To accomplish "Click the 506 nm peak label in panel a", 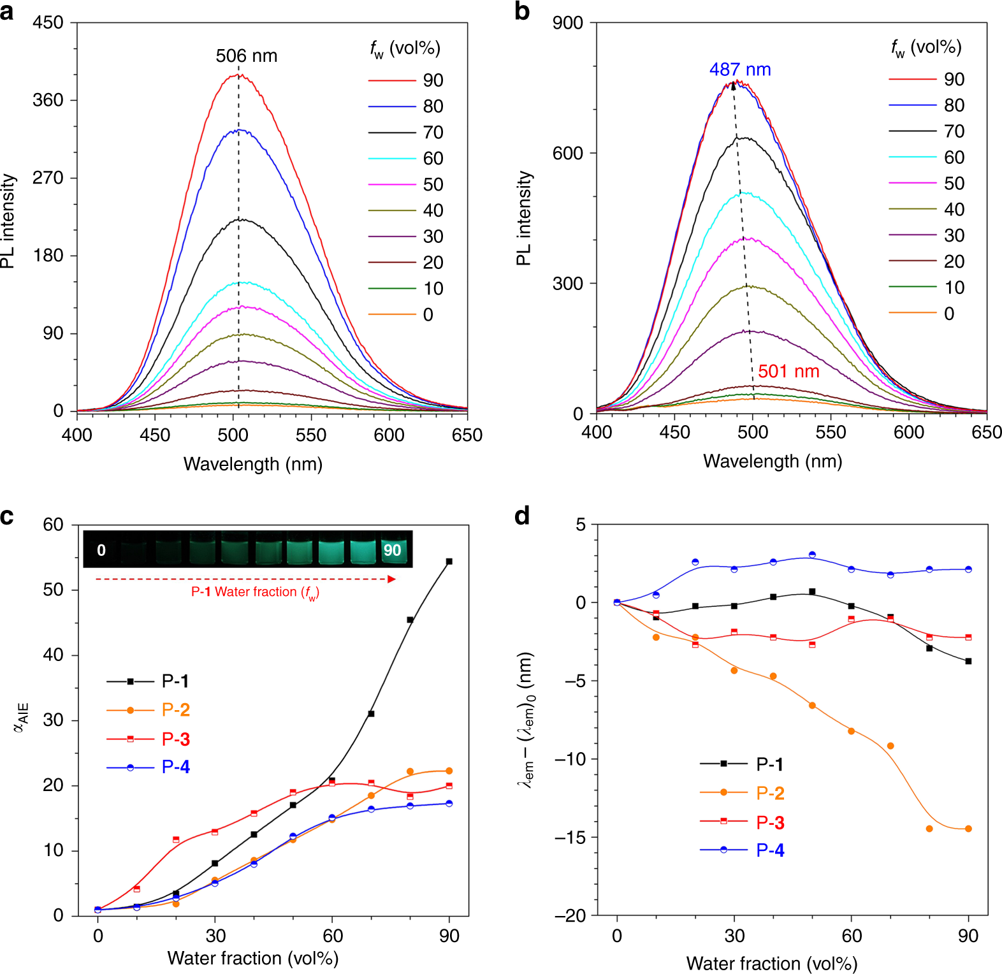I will point(246,56).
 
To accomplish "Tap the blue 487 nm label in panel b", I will point(740,69).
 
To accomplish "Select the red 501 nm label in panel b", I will point(788,372).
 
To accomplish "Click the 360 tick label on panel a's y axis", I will point(48,100).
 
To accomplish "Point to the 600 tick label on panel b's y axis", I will point(568,153).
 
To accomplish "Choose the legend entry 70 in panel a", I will point(433,133).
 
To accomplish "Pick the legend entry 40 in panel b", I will point(954,210).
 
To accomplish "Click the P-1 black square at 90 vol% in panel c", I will point(449,562).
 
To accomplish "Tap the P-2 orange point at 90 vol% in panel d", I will point(968,829).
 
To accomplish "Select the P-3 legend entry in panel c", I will point(175,739).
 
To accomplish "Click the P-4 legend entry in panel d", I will point(770,850).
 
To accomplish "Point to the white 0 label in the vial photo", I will point(101,550).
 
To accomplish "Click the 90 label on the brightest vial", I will point(392,550).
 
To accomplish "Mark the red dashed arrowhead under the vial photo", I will point(392,579).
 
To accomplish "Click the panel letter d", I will point(522,516).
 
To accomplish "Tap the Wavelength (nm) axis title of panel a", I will point(253,464).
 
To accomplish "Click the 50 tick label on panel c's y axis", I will point(53,590).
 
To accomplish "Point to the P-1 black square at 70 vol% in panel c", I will point(371,714).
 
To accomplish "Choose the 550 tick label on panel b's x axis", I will point(831,433).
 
